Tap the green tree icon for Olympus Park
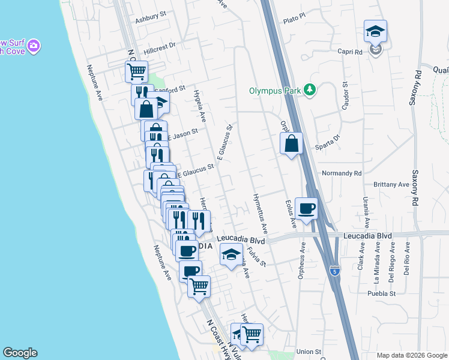coord(310,91)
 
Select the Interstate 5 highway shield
coord(335,271)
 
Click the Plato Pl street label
coord(294,20)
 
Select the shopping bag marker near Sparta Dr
coord(291,143)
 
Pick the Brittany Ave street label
coord(391,185)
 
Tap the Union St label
coord(309,351)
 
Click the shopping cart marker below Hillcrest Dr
coord(137,71)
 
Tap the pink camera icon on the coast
coord(35,46)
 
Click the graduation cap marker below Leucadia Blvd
coord(231,255)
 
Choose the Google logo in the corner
coord(20,353)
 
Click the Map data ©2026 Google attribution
coord(411,355)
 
